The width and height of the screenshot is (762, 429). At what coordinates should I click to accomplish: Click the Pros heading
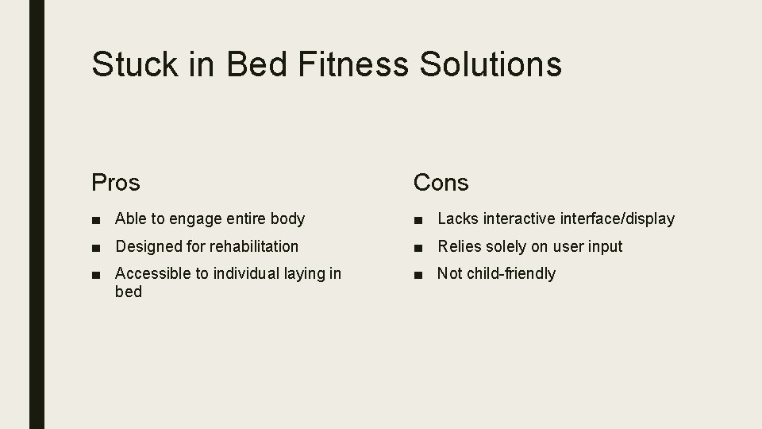pos(116,183)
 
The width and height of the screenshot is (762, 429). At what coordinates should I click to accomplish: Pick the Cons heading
pos(441,183)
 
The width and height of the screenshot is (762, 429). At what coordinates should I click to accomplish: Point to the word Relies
pos(458,246)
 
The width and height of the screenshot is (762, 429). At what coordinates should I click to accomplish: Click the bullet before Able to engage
pos(96,219)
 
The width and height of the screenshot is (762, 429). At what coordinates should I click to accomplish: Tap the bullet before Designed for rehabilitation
pos(96,247)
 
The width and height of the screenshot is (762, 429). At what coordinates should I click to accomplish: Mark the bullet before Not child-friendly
pos(418,274)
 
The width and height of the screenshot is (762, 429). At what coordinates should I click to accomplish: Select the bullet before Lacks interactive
pos(418,219)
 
